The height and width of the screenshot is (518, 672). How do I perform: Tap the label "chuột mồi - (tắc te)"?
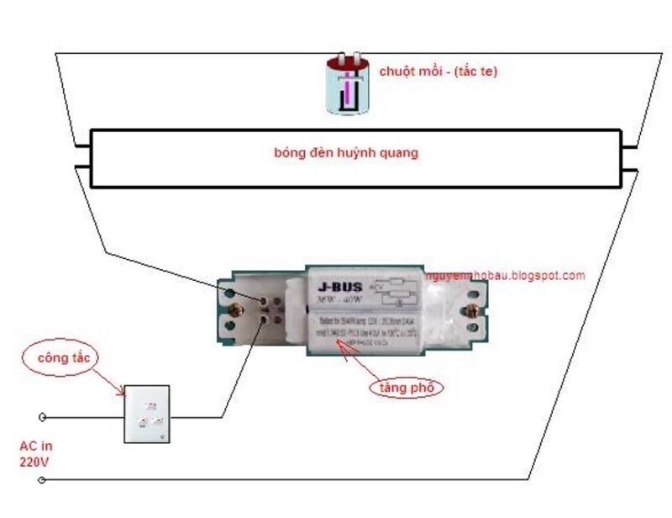[438, 71]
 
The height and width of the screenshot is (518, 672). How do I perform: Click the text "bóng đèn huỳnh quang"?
[346, 153]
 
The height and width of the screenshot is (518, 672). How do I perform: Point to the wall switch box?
[147, 414]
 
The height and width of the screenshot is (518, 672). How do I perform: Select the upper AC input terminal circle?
[43, 416]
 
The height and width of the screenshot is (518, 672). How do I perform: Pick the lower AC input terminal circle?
[43, 480]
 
